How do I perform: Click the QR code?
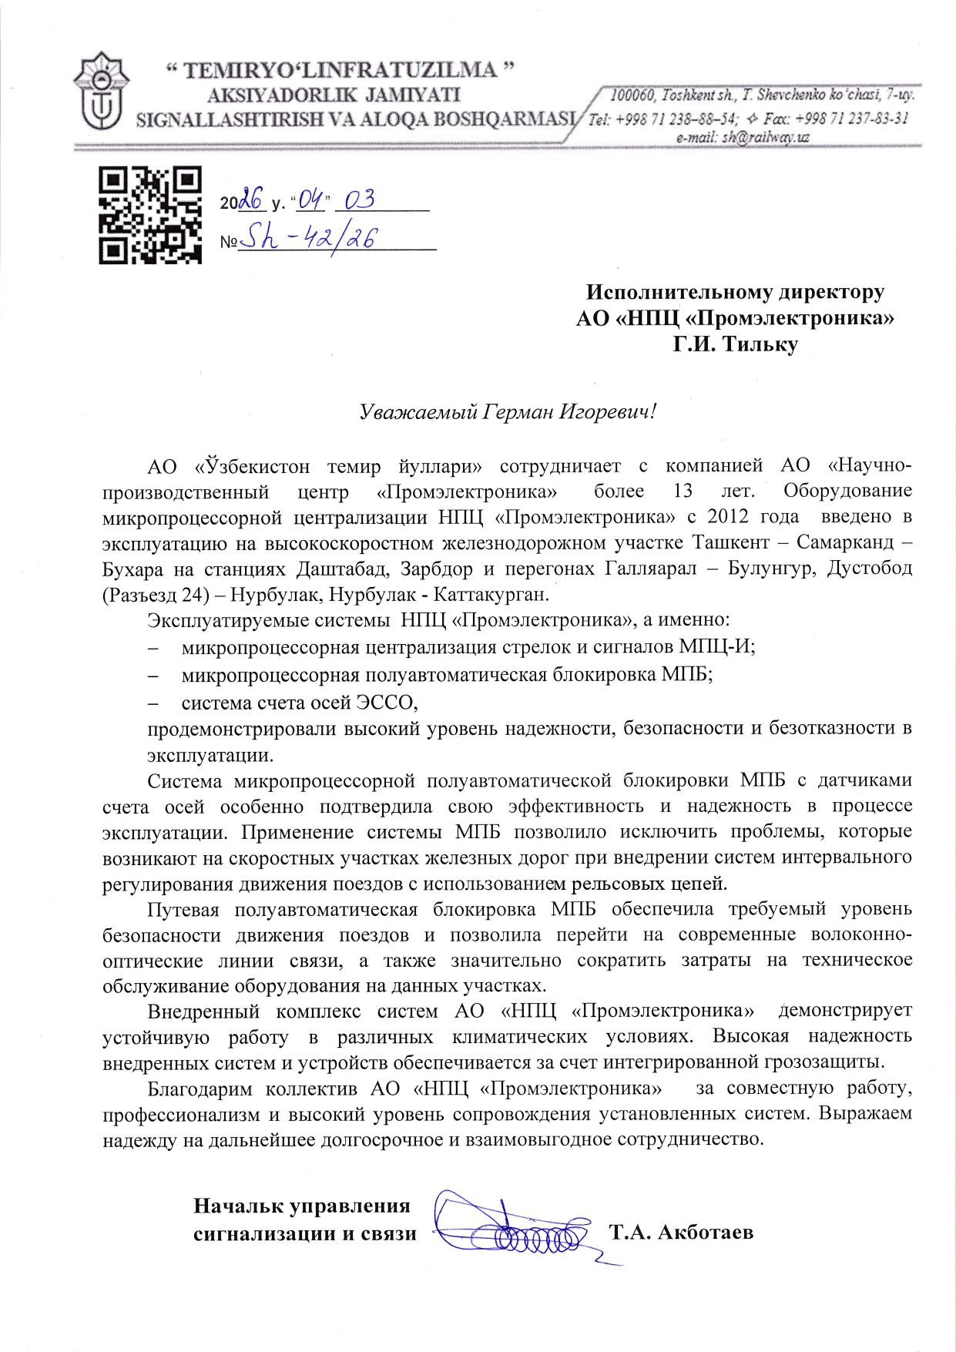tap(150, 216)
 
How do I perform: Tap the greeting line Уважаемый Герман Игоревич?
tap(508, 411)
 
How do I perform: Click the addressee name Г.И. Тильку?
tap(735, 344)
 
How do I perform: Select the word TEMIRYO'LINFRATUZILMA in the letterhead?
tap(341, 70)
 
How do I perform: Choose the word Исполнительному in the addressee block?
tap(680, 293)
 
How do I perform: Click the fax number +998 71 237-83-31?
tap(851, 118)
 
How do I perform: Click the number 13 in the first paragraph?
tap(683, 491)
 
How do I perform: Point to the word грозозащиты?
tap(823, 1062)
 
